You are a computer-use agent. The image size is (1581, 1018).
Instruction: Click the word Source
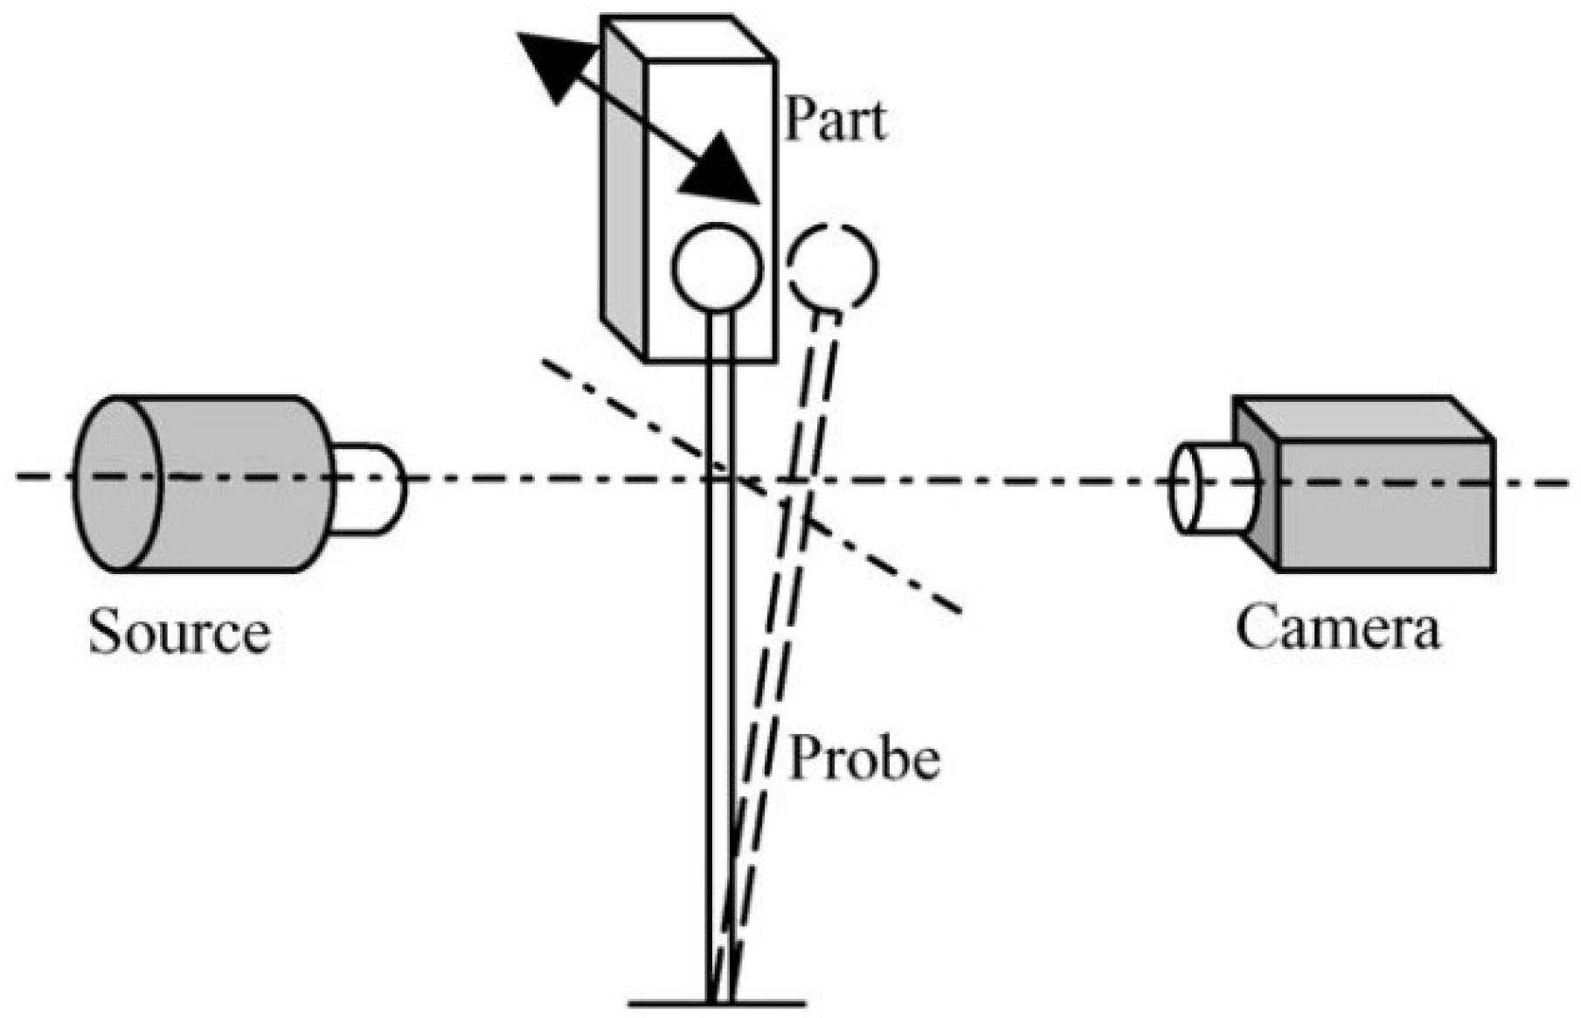point(179,632)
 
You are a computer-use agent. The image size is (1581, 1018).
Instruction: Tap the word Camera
point(1337,627)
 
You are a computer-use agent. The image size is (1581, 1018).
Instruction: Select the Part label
point(836,120)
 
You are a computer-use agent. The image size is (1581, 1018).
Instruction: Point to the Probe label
point(864,758)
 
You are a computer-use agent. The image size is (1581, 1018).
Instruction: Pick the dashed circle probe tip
point(831,267)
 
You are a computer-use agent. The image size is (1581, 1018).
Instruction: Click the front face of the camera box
point(1385,507)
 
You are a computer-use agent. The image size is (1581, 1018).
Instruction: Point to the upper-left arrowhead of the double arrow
point(551,66)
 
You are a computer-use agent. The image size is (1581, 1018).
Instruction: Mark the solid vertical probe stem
point(719,655)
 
